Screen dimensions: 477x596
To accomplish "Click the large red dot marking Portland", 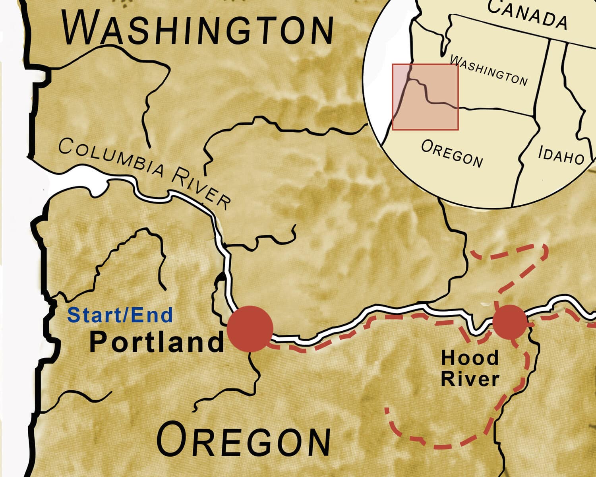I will coord(250,328).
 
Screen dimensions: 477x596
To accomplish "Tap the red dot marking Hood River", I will coord(510,322).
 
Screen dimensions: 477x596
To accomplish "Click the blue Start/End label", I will coord(120,315).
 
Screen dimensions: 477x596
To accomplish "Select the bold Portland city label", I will coord(157,342).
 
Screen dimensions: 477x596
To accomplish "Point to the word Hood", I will coord(470,358).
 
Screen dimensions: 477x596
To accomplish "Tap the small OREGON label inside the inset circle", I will coord(452,153).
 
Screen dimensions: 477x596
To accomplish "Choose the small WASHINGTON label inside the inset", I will coord(489,71).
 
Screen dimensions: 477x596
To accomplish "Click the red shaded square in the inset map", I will coord(425,97).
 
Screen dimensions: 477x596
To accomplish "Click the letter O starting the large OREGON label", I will coord(173,440).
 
